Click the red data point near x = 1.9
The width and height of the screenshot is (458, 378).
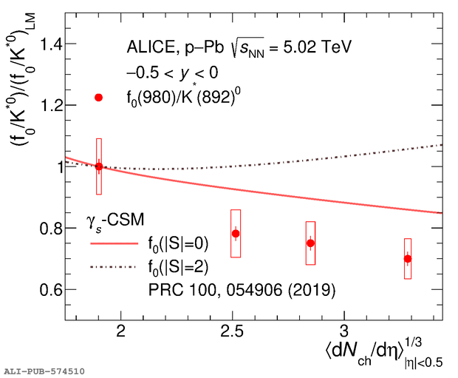coord(99,166)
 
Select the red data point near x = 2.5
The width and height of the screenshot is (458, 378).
coord(236,234)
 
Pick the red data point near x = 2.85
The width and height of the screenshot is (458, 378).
coord(310,243)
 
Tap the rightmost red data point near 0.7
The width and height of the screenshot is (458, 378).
coord(407,259)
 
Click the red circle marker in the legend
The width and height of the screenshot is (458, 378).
coord(99,97)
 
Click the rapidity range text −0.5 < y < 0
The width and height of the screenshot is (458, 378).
coord(171,73)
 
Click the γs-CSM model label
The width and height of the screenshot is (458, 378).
coord(111,220)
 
